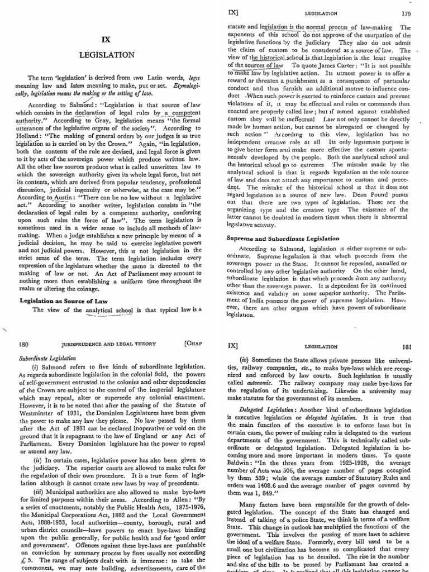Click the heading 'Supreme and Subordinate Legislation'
point(283,238)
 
